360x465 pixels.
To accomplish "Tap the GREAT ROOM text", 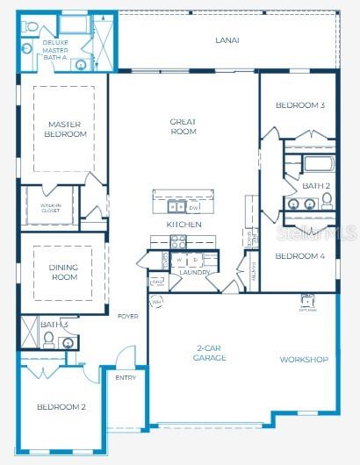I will (183, 127).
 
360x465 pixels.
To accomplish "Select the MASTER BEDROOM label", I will (66, 130).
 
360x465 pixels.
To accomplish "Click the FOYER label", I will (127, 316).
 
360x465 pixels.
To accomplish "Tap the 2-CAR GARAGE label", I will (211, 354).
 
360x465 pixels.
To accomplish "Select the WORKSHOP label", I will (303, 360).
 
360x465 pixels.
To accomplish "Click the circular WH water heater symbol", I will (156, 302).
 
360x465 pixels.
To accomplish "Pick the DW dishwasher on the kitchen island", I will (193, 208).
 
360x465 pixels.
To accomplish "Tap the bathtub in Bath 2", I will (316, 164).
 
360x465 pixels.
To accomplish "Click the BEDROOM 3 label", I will (299, 105).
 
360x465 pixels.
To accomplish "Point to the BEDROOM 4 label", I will (299, 256).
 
